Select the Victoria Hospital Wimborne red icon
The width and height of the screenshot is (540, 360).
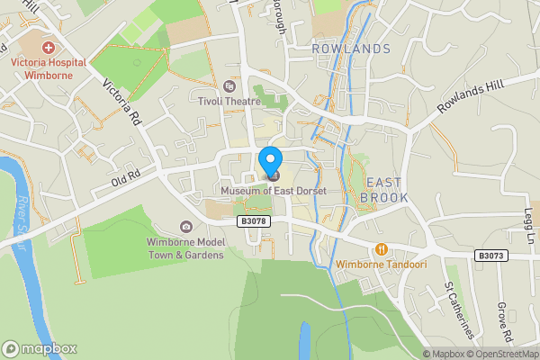(x=48, y=46)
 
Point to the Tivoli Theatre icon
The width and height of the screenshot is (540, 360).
(x=229, y=86)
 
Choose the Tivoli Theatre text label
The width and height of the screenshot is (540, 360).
(x=229, y=102)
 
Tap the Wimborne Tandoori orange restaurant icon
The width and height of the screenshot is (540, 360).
(x=382, y=248)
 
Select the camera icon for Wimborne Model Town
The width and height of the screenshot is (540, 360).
(x=186, y=227)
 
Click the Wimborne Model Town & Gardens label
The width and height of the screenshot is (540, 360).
(x=186, y=248)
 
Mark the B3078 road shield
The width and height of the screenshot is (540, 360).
(x=255, y=220)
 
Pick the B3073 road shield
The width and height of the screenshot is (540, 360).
(x=491, y=256)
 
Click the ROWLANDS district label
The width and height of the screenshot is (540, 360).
(x=351, y=49)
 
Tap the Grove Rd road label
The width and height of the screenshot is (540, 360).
(x=505, y=322)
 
